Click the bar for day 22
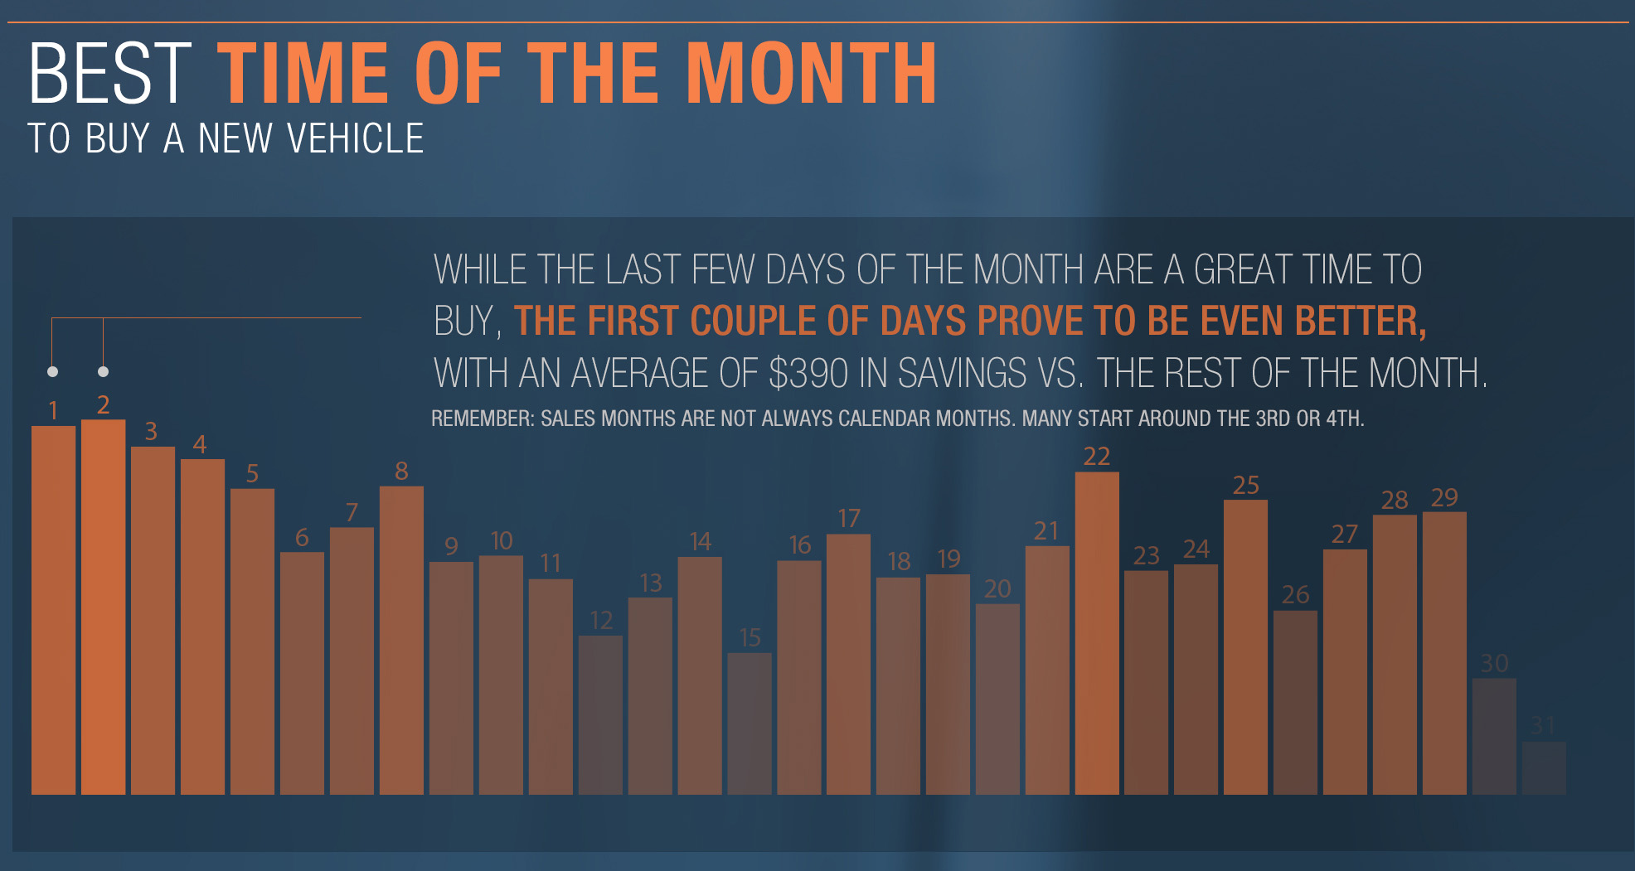[1097, 633]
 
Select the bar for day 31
[1544, 768]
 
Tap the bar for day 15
[750, 723]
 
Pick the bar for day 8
[401, 641]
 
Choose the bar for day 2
[104, 607]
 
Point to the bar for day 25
[1245, 647]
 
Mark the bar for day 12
[600, 715]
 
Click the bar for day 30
[1494, 737]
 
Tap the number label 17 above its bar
[849, 519]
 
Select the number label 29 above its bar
[1444, 497]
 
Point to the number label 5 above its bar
[252, 473]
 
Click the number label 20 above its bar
[997, 588]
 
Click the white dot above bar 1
[53, 371]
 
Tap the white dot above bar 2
[103, 371]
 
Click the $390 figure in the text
[809, 373]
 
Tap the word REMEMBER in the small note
[483, 419]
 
